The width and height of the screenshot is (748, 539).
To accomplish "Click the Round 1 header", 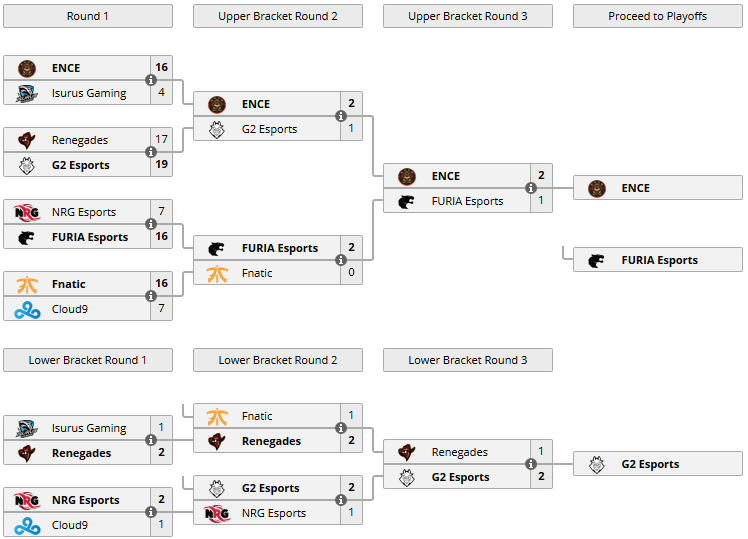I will (x=88, y=16).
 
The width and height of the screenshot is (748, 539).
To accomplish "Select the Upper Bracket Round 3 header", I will (x=467, y=16).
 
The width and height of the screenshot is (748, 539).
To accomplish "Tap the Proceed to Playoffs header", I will (x=657, y=16).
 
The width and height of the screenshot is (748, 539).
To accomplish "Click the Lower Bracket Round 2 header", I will (x=277, y=360).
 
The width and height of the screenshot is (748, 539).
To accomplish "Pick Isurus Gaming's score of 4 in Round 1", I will (x=161, y=93).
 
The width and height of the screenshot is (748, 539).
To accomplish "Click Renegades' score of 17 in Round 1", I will (x=161, y=140).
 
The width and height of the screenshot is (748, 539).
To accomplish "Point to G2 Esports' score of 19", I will (x=161, y=165).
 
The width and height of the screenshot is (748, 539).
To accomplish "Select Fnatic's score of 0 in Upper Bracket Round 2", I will (x=351, y=273).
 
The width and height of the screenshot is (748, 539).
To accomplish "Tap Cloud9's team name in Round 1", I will (x=70, y=309).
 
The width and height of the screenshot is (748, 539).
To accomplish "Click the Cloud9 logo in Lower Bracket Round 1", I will (x=27, y=525).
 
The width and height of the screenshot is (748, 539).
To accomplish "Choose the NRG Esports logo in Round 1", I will (x=27, y=212).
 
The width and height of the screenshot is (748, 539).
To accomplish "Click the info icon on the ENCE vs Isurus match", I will (x=151, y=80).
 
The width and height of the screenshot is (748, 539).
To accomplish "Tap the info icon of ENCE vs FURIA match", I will (x=531, y=188).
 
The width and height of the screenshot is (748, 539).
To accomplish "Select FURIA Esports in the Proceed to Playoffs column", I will (x=659, y=260).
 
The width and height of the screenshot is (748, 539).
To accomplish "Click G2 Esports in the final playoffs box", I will (x=650, y=464).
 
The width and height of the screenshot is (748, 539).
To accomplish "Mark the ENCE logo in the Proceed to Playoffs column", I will (x=597, y=188).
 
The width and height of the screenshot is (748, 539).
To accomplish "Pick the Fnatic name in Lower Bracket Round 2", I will (x=257, y=416).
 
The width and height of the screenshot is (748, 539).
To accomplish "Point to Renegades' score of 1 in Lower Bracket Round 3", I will (x=541, y=452).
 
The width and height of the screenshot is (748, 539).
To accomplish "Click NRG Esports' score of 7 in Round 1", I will (x=161, y=212).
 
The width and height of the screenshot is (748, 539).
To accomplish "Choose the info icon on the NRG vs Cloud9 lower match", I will (x=151, y=512).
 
